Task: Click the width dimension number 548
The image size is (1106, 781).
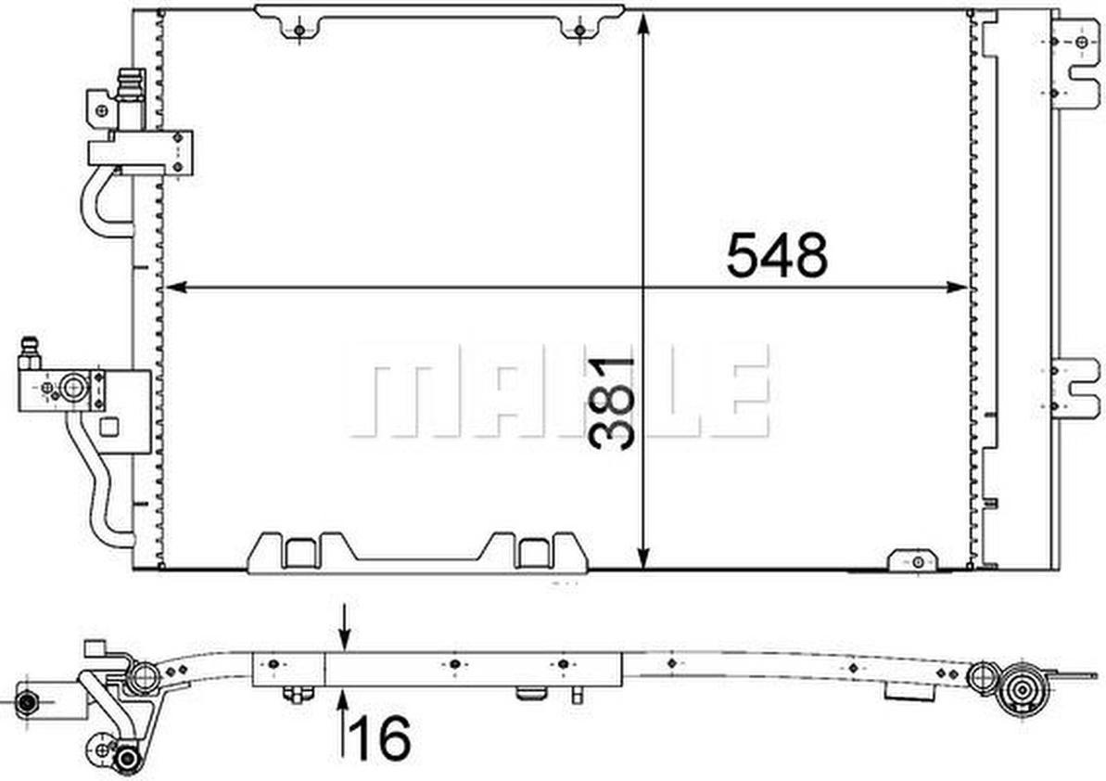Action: pyautogui.click(x=777, y=255)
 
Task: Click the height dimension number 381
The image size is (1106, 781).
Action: pyautogui.click(x=611, y=403)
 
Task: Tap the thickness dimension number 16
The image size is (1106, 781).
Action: pyautogui.click(x=379, y=738)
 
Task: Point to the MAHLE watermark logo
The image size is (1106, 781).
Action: pyautogui.click(x=557, y=390)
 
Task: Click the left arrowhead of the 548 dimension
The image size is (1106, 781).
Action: pyautogui.click(x=175, y=288)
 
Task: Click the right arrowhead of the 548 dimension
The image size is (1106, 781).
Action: pyautogui.click(x=957, y=288)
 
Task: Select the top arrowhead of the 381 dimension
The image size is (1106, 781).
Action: pyautogui.click(x=642, y=24)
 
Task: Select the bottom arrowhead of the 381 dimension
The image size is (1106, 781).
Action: pyautogui.click(x=642, y=557)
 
